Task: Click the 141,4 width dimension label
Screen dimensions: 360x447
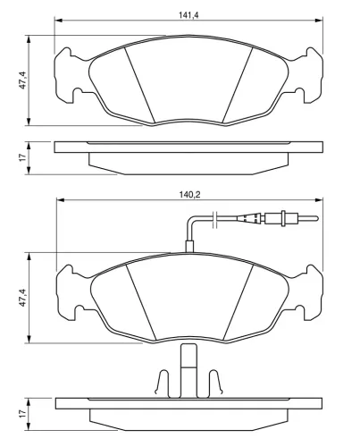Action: coord(188,15)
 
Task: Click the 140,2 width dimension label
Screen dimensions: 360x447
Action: coord(188,195)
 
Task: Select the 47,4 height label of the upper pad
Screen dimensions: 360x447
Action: coord(23,80)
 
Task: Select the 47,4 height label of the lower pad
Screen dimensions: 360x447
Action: coord(23,298)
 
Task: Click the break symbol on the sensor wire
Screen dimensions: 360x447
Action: coord(215,220)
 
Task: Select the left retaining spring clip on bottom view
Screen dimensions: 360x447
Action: coord(163,384)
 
